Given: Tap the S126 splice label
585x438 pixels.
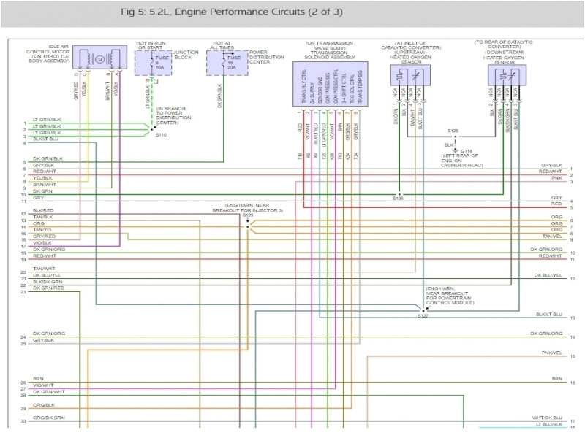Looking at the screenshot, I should [x=453, y=131].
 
